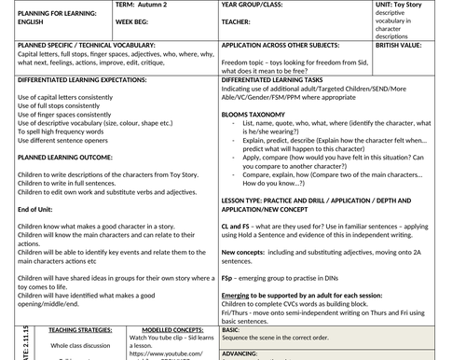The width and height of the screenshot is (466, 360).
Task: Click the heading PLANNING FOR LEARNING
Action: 52,10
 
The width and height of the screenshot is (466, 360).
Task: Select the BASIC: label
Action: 232,329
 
